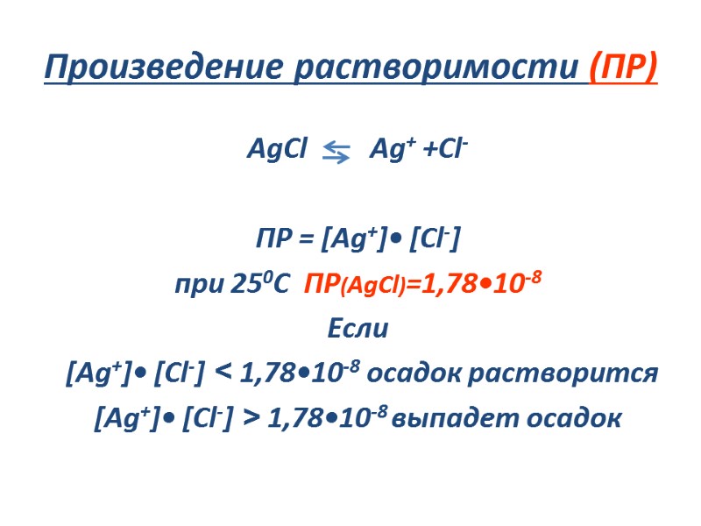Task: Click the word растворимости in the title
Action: point(435,68)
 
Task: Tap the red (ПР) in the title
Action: point(623,68)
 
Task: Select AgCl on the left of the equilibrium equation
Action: point(277,150)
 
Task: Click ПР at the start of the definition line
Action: point(273,238)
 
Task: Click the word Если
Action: point(356,330)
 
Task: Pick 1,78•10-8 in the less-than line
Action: point(300,373)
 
